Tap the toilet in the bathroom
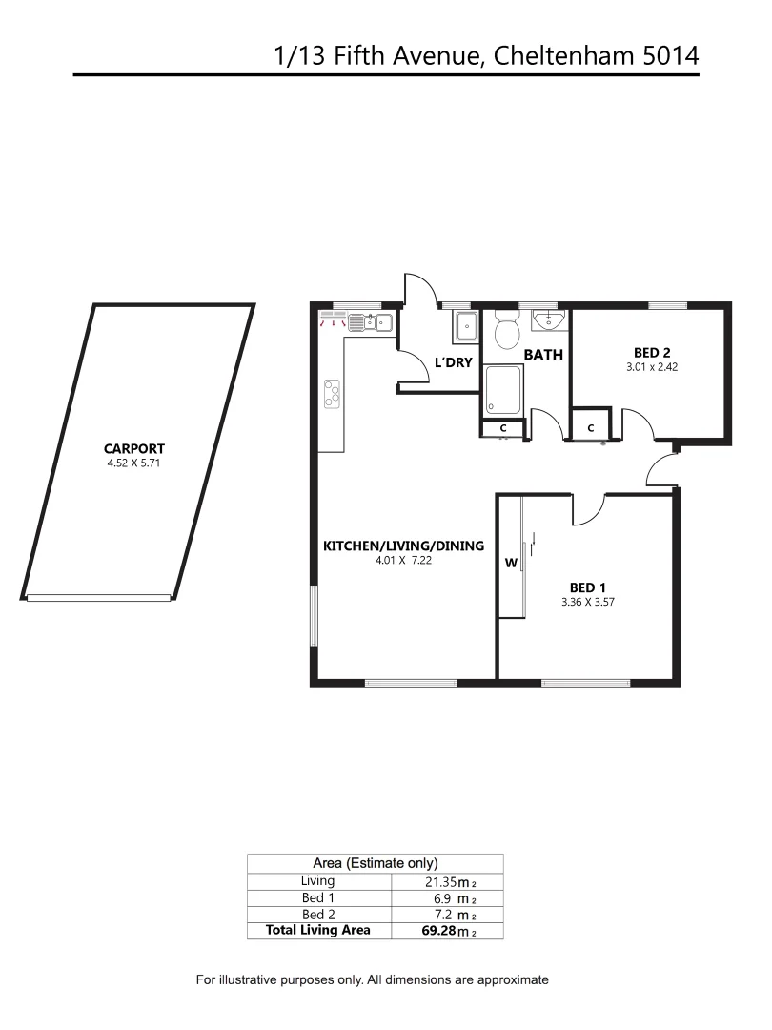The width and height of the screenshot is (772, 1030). pos(506,332)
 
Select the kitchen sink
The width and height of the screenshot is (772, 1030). pos(371,323)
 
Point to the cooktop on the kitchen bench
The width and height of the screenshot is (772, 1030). pos(333,393)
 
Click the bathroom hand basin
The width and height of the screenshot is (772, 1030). pos(549,320)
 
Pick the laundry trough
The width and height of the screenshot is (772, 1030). pos(466,326)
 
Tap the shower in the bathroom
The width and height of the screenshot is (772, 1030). pos(504,390)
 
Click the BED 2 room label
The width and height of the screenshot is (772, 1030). pos(652,351)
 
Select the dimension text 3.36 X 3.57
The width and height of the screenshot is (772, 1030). pos(588,602)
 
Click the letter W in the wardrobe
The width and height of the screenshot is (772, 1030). pos(511,564)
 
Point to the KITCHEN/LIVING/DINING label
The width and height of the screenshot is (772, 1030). pos(404,546)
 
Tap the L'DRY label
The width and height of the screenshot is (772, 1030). pos(454,362)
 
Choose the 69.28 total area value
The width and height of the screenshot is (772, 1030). pos(439,930)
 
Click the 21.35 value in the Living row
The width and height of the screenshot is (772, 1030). pos(441,882)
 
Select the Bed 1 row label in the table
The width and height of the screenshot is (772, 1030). pos(317,897)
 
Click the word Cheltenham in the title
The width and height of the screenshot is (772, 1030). pos(569,55)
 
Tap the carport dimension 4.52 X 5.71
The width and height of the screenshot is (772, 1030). pos(136,464)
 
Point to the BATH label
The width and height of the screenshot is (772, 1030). pos(543,355)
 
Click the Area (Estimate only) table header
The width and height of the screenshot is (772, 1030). pos(376,862)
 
